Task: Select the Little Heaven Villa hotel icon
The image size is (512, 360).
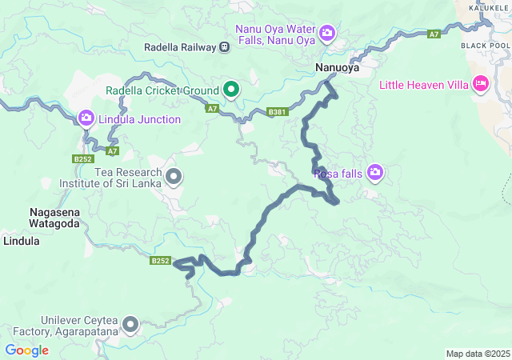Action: point(481,83)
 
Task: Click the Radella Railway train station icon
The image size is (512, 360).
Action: point(225,47)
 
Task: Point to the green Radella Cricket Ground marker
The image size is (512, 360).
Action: point(231,89)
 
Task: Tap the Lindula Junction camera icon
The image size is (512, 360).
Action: point(86,119)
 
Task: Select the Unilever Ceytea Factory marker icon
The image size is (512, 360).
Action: point(130,325)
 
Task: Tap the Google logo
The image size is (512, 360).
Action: point(26,350)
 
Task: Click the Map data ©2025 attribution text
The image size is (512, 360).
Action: point(477,354)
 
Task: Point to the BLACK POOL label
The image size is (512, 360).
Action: point(485,46)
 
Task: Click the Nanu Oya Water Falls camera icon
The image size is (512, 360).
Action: point(327,34)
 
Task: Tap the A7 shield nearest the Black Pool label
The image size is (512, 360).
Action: point(434,34)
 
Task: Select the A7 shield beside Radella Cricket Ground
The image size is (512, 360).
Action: point(212,108)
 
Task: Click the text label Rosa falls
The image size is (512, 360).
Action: point(338,173)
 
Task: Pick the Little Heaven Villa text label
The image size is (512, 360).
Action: point(423,83)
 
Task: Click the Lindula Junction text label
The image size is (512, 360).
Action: point(139,119)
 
